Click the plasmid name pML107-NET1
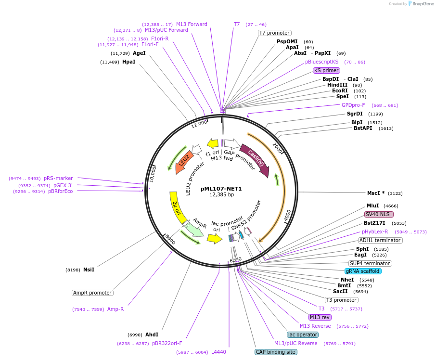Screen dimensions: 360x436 click(x=221, y=189)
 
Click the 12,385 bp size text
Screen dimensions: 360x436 click(x=221, y=195)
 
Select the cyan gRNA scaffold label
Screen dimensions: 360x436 click(x=363, y=271)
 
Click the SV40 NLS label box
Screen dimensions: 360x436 click(x=379, y=214)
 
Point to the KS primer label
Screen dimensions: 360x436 click(x=327, y=70)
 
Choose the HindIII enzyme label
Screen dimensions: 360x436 click(x=337, y=85)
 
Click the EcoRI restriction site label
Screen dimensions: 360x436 click(x=340, y=90)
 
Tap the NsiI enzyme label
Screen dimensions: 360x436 click(x=89, y=270)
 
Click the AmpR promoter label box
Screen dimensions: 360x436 click(x=92, y=293)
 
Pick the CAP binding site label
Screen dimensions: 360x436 click(x=276, y=352)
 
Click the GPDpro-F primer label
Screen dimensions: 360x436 click(x=353, y=105)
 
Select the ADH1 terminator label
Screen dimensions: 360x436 click(x=380, y=240)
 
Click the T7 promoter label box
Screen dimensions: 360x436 click(x=274, y=33)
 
